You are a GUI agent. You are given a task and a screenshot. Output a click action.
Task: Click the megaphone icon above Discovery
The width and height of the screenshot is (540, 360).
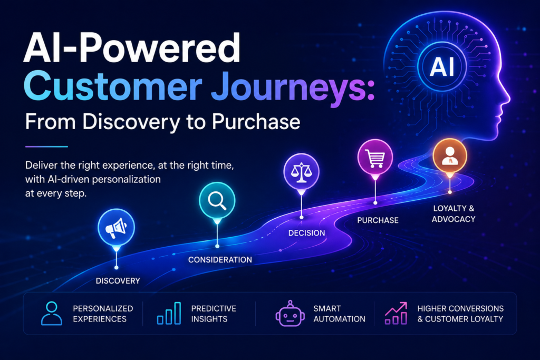pyautogui.click(x=116, y=228)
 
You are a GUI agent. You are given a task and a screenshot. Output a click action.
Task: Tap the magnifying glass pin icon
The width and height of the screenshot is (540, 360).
pyautogui.click(x=217, y=201)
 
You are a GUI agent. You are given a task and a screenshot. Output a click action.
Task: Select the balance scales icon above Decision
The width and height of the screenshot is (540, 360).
pyautogui.click(x=301, y=172)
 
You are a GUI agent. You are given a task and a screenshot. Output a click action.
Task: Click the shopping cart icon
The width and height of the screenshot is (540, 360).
pyautogui.click(x=375, y=158)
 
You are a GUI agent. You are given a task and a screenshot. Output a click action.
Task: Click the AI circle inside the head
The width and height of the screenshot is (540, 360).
pyautogui.click(x=442, y=66)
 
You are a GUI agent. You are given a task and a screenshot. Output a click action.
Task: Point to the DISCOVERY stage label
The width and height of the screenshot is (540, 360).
pyautogui.click(x=118, y=281)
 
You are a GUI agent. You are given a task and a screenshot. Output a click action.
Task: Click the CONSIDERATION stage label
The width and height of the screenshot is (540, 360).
pyautogui.click(x=220, y=259)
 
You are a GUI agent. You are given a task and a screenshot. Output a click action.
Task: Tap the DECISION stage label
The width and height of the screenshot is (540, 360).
pyautogui.click(x=306, y=233)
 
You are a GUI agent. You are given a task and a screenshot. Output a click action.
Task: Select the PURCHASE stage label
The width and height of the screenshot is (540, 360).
pyautogui.click(x=378, y=220)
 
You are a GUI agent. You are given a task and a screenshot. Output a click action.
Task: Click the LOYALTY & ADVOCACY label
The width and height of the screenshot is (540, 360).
pyautogui.click(x=454, y=213)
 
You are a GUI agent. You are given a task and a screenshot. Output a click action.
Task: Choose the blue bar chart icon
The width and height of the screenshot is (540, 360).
pyautogui.click(x=169, y=313)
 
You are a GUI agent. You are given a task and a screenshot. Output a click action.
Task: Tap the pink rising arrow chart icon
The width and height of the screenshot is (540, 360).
pyautogui.click(x=396, y=313)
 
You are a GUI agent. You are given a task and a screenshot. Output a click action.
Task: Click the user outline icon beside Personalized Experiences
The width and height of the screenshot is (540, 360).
pyautogui.click(x=52, y=313)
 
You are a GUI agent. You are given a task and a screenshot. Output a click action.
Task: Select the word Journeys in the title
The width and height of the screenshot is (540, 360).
pyautogui.click(x=292, y=86)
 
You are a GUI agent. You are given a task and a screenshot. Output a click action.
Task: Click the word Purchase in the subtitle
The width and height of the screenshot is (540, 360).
pyautogui.click(x=256, y=122)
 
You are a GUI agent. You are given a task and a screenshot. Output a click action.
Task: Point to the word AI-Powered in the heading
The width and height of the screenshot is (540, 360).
pyautogui.click(x=132, y=47)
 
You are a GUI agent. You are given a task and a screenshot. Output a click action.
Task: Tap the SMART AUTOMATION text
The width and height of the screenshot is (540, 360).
pyautogui.click(x=339, y=314)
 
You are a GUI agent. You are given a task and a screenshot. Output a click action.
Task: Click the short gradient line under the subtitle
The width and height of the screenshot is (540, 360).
pyautogui.click(x=46, y=147)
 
